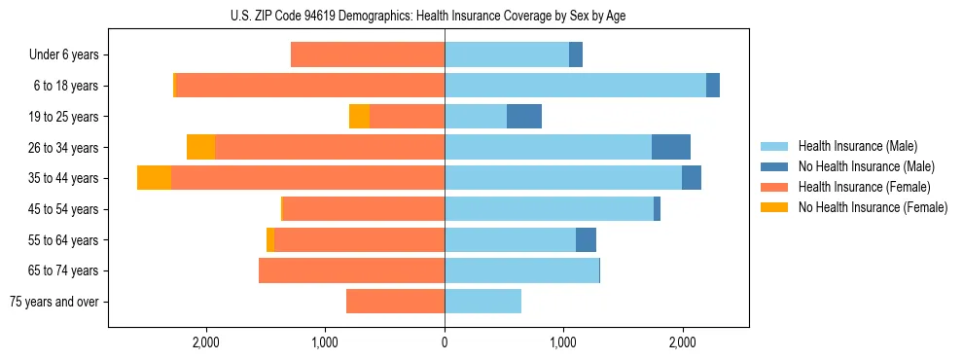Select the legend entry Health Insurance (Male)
[x=857, y=146]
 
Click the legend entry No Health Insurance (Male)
[x=865, y=166]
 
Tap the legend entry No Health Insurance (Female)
[x=872, y=207]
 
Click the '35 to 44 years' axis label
[x=65, y=178]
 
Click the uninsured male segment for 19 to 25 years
[x=524, y=117]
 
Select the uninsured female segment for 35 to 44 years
[x=154, y=178]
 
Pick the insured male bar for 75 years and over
[x=482, y=302]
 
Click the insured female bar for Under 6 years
[x=368, y=55]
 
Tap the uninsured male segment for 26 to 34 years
[x=671, y=148]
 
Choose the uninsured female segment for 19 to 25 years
[x=359, y=117]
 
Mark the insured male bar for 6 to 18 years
[x=575, y=86]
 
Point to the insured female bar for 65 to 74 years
[x=351, y=270]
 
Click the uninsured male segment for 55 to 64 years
[x=586, y=240]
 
